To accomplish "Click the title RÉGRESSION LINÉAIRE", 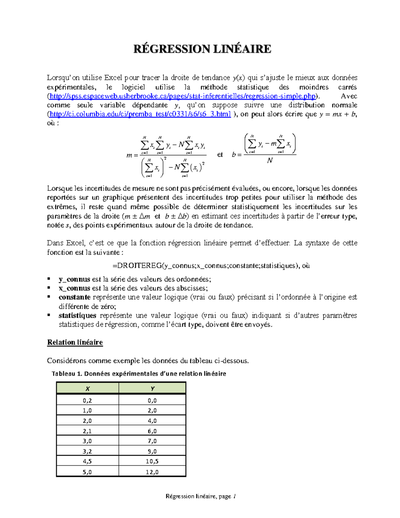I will click(202, 49).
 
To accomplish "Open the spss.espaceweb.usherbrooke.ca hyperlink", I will click(182, 96).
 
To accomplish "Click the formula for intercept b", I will click(264, 149).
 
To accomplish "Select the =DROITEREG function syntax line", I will click(211, 266).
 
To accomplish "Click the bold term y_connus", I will click(74, 280).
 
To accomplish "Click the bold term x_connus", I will click(74, 289).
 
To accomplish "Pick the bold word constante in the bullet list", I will click(74, 298).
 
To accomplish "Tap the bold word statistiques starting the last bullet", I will click(77, 316).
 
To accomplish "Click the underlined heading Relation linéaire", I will click(75, 343).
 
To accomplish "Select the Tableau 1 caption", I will click(139, 374).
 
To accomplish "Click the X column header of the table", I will click(87, 389).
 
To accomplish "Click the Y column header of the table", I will click(152, 389).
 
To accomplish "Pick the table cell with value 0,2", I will click(87, 400).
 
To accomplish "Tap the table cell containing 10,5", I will click(152, 461).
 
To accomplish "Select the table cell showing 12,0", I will click(152, 472).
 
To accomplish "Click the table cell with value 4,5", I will click(87, 461).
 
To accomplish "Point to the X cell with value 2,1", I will click(87, 431).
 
